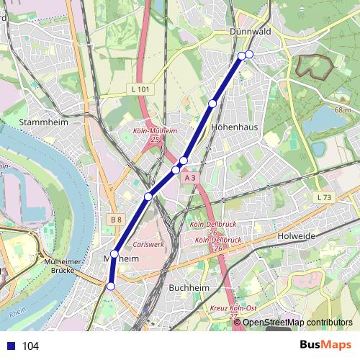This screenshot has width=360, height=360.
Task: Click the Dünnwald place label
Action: pos(250,32)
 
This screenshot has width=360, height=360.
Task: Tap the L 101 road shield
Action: pos(141,89)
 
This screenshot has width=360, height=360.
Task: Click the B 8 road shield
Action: pos(117,219)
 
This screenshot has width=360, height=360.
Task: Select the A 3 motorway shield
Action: pos(189,177)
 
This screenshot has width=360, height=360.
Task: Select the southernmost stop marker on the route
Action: pos(110,287)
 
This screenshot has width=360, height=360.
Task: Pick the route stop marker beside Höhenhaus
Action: pos(212,104)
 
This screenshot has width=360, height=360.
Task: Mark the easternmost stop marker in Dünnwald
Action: pos(249,55)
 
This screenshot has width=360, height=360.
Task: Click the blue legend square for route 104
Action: pos(11,346)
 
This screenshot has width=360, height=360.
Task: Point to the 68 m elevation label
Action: pos(345,109)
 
